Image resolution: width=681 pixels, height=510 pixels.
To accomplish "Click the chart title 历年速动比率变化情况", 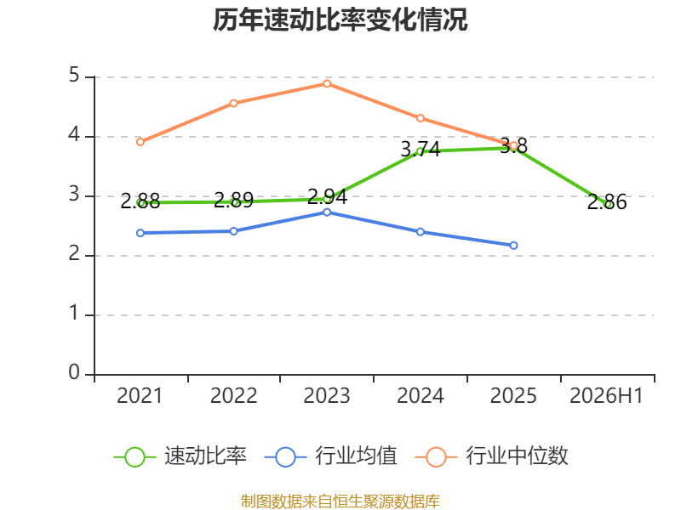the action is (340, 20).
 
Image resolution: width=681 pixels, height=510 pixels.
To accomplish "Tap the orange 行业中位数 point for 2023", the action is (327, 83).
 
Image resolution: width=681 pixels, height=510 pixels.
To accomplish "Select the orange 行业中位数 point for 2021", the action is (140, 142).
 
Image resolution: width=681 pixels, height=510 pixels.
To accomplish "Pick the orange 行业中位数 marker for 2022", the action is (233, 103).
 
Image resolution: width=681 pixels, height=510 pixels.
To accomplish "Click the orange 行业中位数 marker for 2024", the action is (421, 118).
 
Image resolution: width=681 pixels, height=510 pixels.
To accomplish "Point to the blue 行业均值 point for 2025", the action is (514, 246).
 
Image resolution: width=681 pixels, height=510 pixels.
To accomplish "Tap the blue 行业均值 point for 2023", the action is (327, 212).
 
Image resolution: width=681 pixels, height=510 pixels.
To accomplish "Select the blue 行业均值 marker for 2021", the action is (140, 233).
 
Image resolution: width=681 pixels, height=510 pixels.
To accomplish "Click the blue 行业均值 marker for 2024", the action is (421, 232).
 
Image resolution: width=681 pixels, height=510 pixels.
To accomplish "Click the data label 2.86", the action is (607, 202).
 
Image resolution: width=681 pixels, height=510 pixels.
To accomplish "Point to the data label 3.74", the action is (421, 150).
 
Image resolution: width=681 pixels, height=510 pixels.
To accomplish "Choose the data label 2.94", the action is (327, 197).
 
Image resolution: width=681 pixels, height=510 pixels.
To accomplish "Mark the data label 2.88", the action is (140, 201).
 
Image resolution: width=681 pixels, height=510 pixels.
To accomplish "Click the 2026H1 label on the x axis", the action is (606, 395).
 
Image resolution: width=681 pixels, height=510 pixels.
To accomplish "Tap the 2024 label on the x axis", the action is (421, 395).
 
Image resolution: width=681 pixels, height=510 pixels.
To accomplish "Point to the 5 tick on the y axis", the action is (74, 75).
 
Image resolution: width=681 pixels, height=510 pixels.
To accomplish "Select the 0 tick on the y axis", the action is (74, 372).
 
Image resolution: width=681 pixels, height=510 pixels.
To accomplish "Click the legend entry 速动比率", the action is (180, 456).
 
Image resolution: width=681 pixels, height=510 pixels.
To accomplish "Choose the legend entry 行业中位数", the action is (491, 456).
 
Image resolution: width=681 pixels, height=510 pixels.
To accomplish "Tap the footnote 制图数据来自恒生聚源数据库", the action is (340, 501).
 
